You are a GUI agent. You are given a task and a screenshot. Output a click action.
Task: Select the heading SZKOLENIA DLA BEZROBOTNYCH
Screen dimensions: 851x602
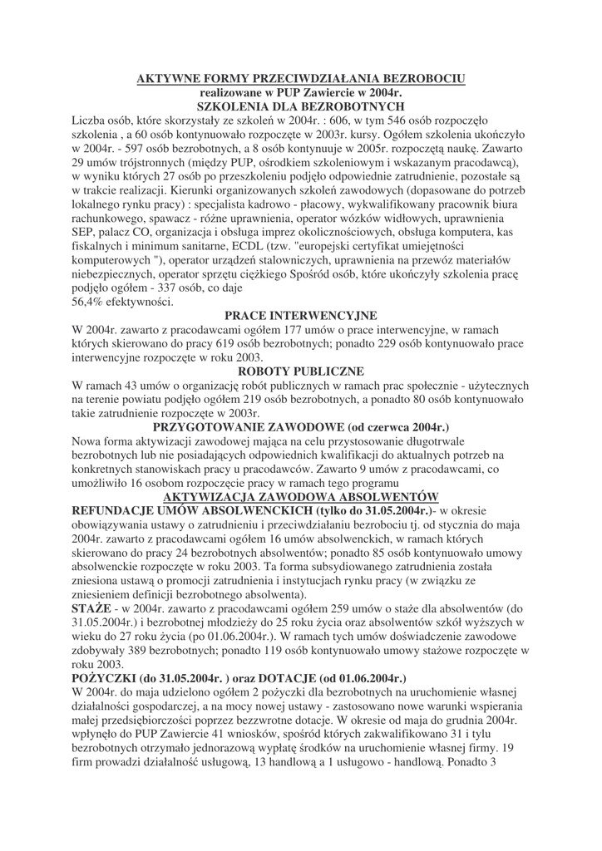pyautogui.click(x=300, y=107)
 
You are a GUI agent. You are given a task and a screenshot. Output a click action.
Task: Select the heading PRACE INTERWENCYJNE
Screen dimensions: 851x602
pyautogui.click(x=300, y=316)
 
